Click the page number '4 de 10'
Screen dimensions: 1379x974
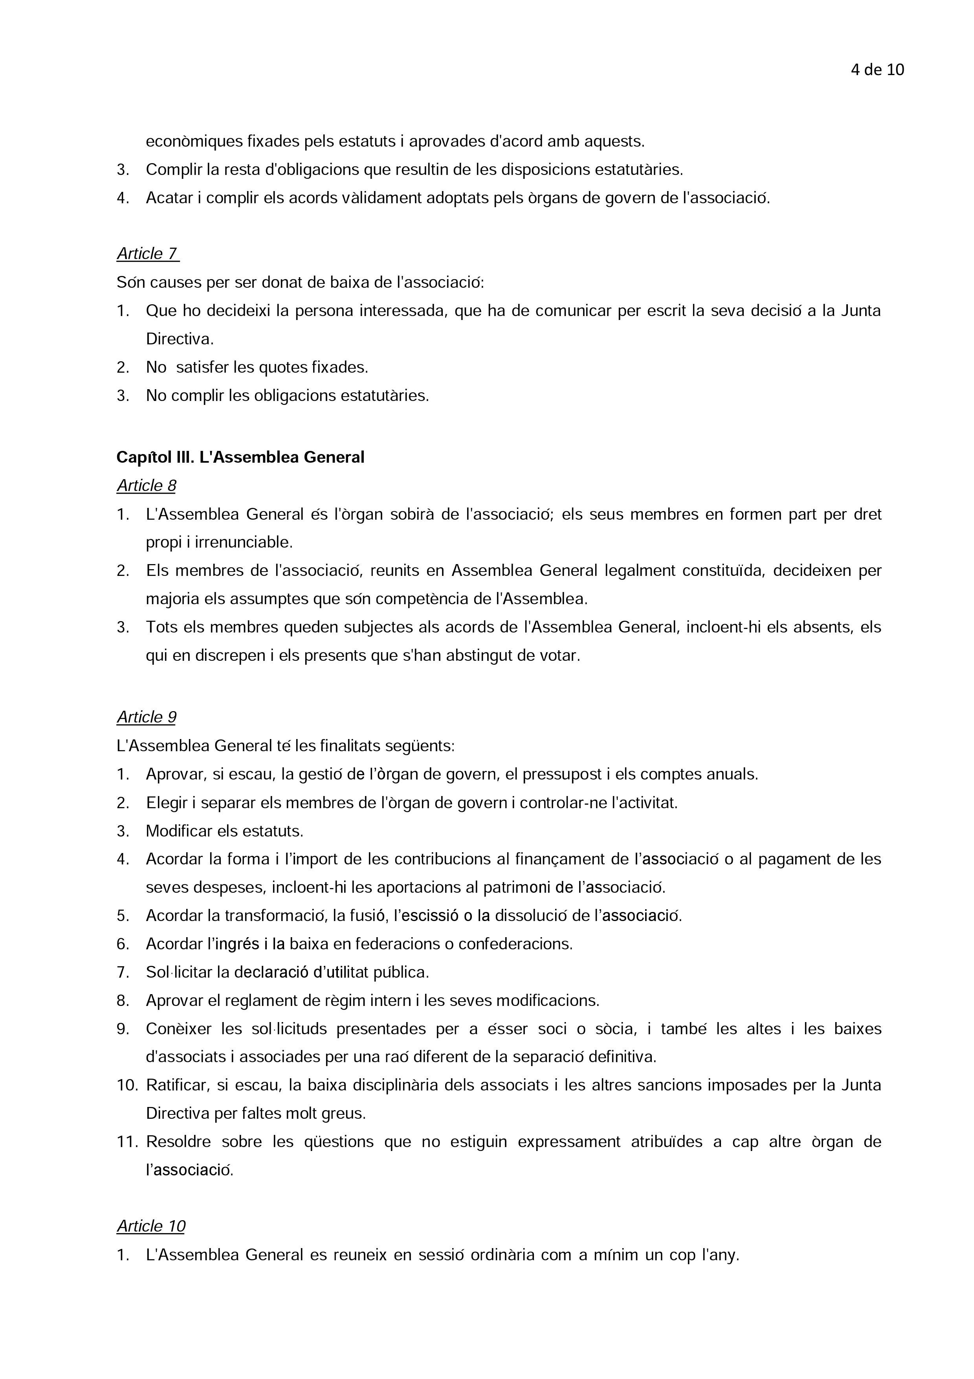[x=877, y=70]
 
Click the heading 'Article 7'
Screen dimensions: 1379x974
[x=148, y=254]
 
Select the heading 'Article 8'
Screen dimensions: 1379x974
[x=147, y=486]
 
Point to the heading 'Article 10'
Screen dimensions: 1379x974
[x=151, y=1226]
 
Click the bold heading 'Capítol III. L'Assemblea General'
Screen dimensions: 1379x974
[x=240, y=458]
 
